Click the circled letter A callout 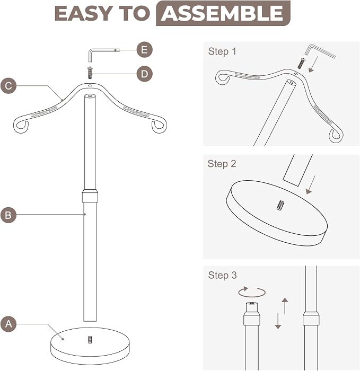(x=8, y=323)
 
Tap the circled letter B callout (x=8, y=215)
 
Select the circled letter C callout (x=8, y=86)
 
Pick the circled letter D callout (x=144, y=74)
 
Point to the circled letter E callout (x=144, y=50)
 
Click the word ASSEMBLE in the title (x=223, y=13)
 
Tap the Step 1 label (x=222, y=51)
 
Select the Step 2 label (x=222, y=164)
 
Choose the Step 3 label (x=222, y=275)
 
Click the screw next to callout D (x=90, y=73)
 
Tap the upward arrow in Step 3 (x=285, y=306)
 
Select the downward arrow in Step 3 (x=278, y=321)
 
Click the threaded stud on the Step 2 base (x=280, y=205)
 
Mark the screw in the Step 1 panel (x=301, y=63)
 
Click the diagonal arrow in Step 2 (x=311, y=185)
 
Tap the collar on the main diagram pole (x=90, y=196)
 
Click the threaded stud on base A (x=90, y=340)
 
